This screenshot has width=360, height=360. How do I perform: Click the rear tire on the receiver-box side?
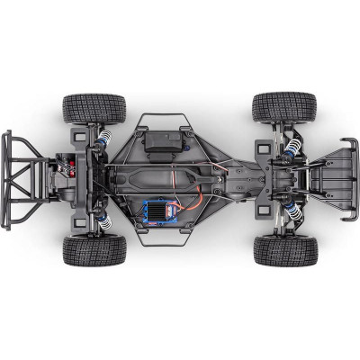94,108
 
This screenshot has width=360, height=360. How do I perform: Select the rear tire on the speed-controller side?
94,250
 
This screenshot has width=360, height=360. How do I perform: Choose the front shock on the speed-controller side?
290,209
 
